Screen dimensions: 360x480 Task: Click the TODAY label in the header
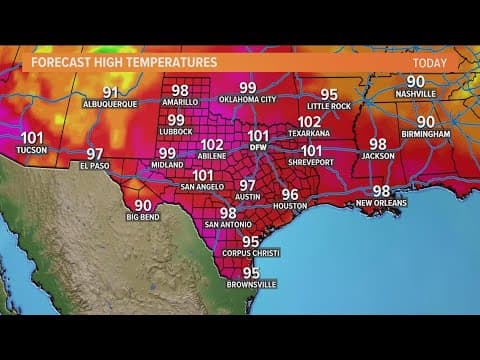[430, 62]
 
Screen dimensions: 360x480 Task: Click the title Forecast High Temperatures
[124, 62]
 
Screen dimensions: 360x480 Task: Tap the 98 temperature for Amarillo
[180, 89]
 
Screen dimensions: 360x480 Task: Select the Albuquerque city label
[110, 104]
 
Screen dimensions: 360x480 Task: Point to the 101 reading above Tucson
[32, 139]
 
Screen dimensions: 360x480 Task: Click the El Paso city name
[95, 167]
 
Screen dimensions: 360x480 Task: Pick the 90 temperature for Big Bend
[143, 205]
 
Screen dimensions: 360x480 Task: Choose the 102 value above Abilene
[212, 144]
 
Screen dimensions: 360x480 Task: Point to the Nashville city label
[415, 94]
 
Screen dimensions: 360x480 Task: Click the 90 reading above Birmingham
[426, 121]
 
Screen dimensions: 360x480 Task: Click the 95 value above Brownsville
[251, 272]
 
